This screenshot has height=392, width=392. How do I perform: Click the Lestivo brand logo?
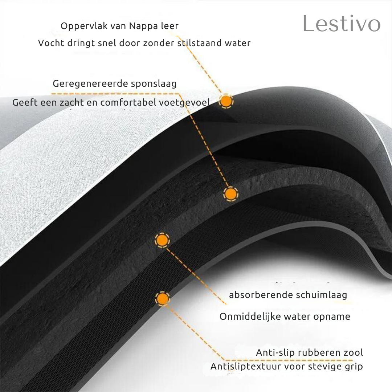point(342,24)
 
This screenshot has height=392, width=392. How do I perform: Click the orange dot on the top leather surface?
point(226,101)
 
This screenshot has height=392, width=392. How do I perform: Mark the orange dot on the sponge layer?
point(230,194)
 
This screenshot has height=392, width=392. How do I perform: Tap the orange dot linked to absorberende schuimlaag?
point(162,240)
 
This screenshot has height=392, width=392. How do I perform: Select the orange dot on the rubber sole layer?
point(163,298)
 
